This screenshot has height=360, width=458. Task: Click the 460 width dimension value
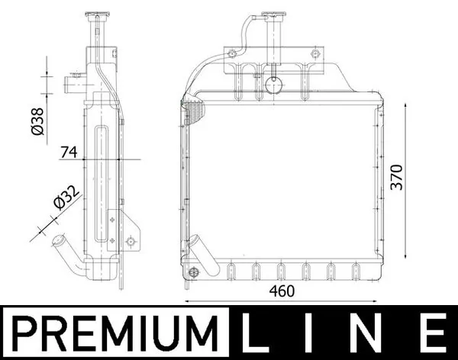[x=283, y=291]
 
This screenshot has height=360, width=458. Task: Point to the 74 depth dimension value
[x=69, y=153]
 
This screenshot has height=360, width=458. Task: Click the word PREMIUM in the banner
[x=112, y=334]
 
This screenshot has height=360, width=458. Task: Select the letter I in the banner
[x=314, y=334]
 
